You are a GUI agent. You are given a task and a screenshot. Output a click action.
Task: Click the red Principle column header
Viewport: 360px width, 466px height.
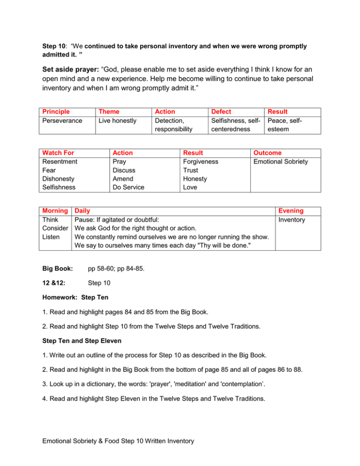click(x=56, y=112)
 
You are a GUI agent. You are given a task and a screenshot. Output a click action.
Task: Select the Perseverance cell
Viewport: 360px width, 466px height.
click(x=61, y=121)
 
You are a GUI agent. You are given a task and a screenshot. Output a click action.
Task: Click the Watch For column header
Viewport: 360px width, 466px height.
click(x=58, y=153)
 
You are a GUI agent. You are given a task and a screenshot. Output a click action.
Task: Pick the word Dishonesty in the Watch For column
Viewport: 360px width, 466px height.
click(x=59, y=179)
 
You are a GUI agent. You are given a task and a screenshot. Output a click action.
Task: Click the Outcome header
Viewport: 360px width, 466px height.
click(x=268, y=153)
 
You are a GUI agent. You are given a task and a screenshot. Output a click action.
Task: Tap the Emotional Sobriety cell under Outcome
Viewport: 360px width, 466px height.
click(x=280, y=162)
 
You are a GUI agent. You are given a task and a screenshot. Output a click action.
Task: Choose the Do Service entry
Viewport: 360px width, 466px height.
click(x=128, y=187)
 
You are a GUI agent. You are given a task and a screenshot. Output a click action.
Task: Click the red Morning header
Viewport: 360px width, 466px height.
click(x=55, y=211)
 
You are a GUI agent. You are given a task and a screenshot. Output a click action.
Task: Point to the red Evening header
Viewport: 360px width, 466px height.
click(x=291, y=211)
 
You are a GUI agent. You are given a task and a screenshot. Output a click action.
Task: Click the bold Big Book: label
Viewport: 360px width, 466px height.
click(x=56, y=270)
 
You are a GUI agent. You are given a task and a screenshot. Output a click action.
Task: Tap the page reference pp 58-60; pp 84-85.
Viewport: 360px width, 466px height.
click(x=123, y=270)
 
